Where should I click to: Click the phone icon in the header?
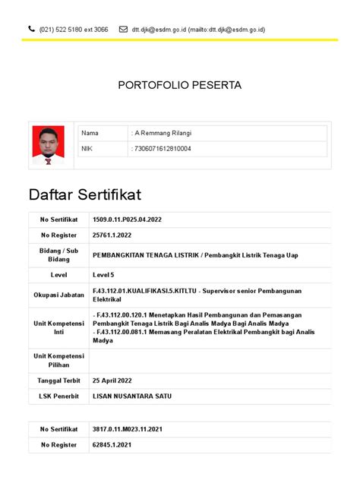31,29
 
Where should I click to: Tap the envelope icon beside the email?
124,29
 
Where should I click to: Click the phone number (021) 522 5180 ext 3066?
74,30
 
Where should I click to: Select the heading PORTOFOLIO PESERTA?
179,86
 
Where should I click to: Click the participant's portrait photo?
48,144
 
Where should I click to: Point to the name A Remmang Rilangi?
161,134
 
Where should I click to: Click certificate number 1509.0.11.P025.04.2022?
127,219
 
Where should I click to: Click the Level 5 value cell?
104,274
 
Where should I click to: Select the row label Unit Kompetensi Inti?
58,327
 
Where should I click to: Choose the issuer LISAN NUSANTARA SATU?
131,396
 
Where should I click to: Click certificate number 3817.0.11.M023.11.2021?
127,430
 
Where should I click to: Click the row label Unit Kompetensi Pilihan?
58,360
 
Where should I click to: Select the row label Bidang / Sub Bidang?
58,254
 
